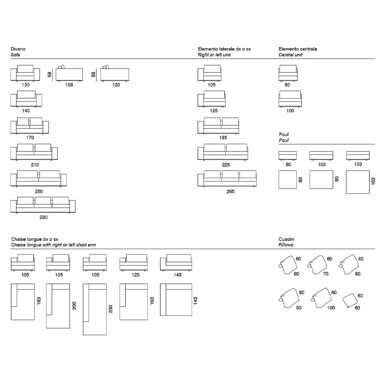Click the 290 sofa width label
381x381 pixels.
click(43, 217)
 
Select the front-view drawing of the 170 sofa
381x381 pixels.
click(30, 126)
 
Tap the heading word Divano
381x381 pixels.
click(18, 49)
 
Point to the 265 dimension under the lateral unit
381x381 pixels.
click(231, 191)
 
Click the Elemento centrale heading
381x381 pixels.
click(298, 49)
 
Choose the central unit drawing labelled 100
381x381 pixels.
click(290, 99)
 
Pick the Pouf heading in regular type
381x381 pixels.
click(284, 134)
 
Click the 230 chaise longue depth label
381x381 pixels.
click(110, 309)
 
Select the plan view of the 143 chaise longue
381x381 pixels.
click(176, 300)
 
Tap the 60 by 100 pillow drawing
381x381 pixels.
click(321, 298)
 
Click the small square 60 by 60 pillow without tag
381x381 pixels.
click(350, 301)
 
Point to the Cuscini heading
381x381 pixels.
click(287, 239)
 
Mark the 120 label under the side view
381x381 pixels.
click(116, 85)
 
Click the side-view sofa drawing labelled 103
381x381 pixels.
click(69, 73)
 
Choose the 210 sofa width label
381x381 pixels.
click(35, 165)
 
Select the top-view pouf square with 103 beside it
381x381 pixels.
click(358, 182)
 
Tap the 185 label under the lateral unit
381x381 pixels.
click(223, 138)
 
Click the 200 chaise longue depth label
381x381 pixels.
click(74, 306)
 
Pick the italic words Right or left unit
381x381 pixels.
click(214, 55)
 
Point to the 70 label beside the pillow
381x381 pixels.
click(326, 274)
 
